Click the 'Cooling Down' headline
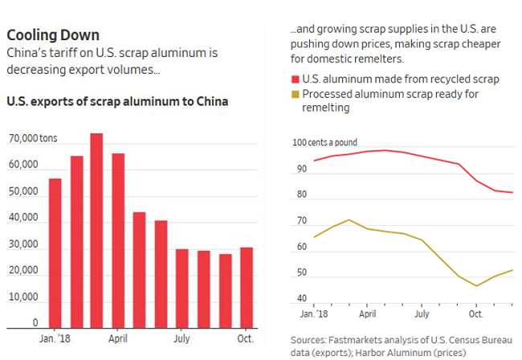click(x=53, y=35)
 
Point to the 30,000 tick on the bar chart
click(x=24, y=245)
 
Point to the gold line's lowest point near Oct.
click(x=476, y=285)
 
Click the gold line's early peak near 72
click(x=348, y=219)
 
